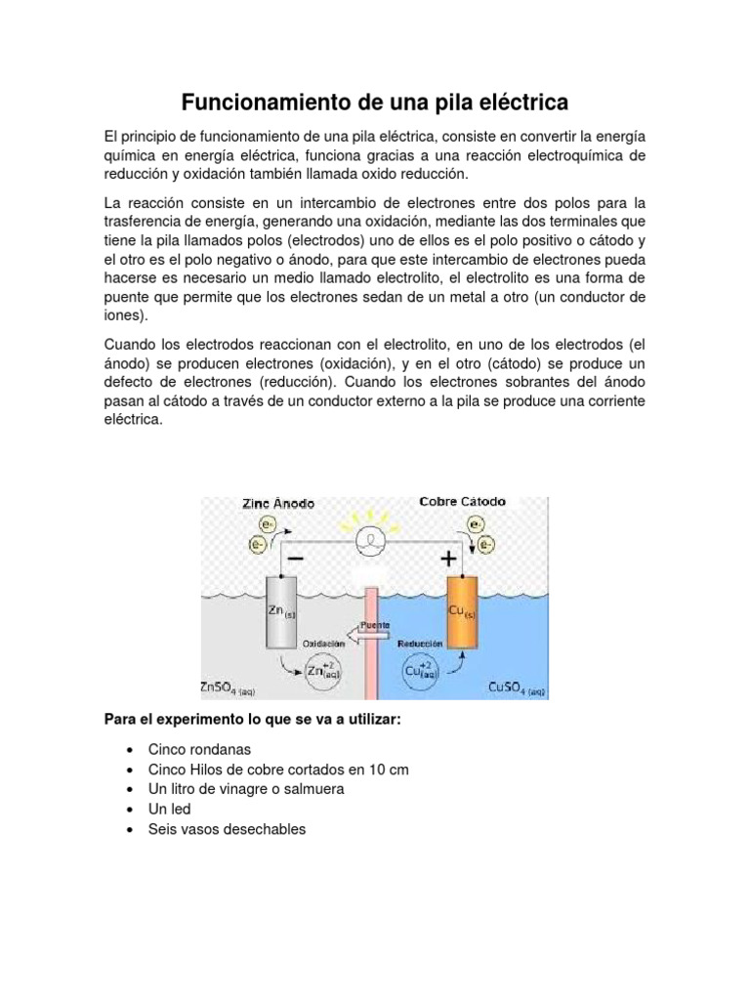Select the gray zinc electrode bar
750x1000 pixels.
[280, 612]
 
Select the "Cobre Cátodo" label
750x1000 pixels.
[463, 502]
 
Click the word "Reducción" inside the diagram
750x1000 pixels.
[421, 645]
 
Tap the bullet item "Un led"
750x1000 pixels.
[169, 810]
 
